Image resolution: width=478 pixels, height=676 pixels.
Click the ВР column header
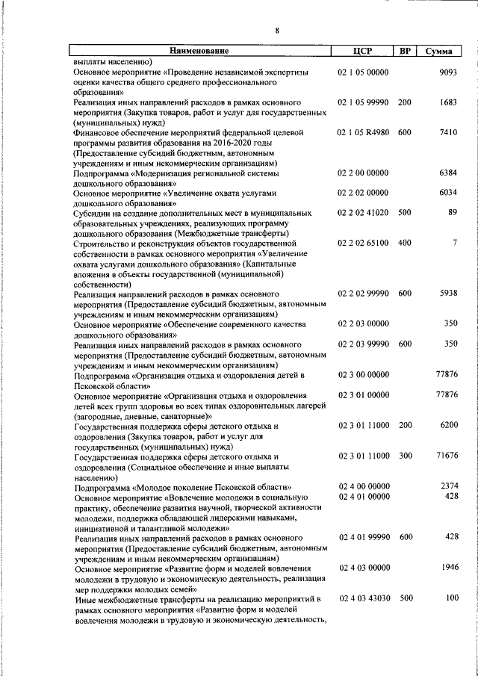click(404, 52)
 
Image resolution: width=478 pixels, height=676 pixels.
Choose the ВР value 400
click(404, 243)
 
